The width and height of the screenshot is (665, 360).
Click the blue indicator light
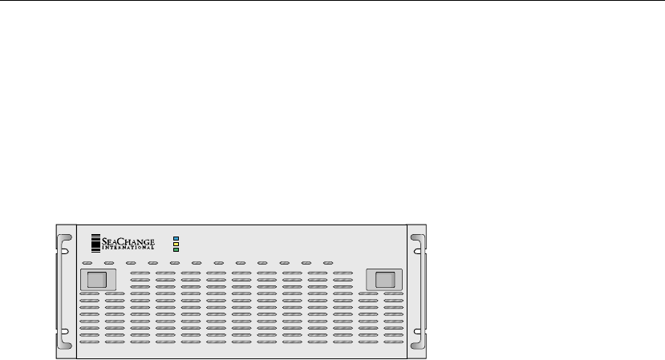tap(176, 238)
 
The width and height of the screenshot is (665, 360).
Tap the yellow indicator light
tap(176, 244)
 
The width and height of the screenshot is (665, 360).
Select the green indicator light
tap(176, 249)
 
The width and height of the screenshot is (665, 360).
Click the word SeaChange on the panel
tap(129, 238)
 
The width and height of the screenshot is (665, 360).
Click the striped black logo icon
tap(95, 241)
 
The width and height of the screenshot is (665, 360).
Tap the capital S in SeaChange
tap(105, 238)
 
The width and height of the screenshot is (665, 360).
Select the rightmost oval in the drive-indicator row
tap(328, 263)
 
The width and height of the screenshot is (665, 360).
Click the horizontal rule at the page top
tap(332, 1)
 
